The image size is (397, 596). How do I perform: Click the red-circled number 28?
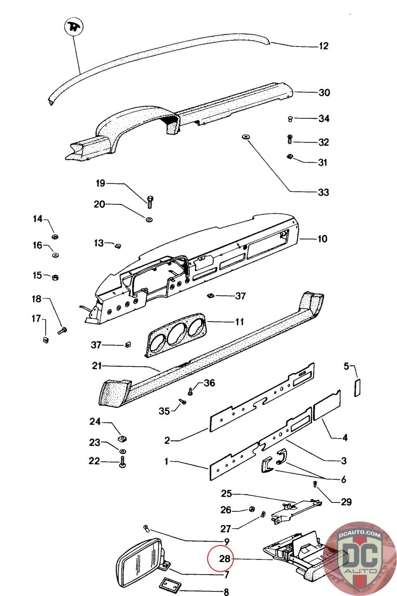(x=224, y=559)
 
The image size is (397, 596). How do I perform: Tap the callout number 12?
(x=324, y=46)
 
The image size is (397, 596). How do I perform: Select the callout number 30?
(x=324, y=92)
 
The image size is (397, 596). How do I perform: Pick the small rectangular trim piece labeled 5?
(x=357, y=388)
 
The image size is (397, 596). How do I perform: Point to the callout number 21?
(x=97, y=366)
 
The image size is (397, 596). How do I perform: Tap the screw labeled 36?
(x=191, y=391)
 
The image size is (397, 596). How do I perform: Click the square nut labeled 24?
(x=121, y=437)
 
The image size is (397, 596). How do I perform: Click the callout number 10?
(x=322, y=238)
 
